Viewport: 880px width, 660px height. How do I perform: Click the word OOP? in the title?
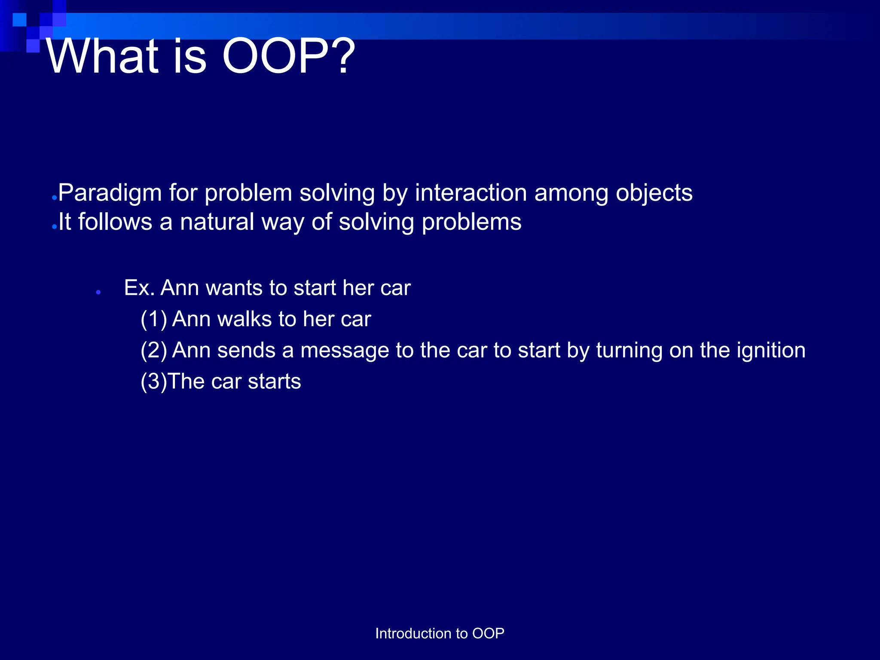coord(288,57)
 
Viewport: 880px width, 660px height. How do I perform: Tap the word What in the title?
coord(101,57)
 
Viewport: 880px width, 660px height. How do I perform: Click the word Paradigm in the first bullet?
coord(110,193)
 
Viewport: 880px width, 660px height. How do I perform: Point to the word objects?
coord(654,193)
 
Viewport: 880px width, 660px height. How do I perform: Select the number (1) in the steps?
coord(154,320)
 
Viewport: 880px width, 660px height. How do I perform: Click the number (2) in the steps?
coord(154,351)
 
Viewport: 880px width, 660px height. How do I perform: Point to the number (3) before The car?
coord(154,382)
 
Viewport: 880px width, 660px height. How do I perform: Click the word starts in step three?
coord(274,382)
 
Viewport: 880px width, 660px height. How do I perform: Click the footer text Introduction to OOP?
coord(440,633)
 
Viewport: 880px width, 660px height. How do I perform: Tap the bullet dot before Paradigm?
coord(54,198)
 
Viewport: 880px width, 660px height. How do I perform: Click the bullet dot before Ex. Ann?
coord(98,292)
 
